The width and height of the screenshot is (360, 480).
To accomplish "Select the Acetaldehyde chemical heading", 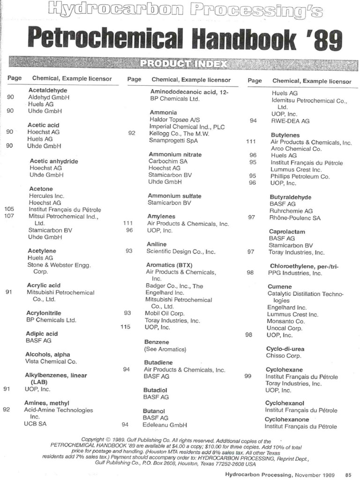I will [48, 90].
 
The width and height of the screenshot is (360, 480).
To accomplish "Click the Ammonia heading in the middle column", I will [163, 112].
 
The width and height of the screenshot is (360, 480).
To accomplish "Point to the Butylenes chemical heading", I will [285, 135].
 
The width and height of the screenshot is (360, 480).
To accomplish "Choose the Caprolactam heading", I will [287, 232].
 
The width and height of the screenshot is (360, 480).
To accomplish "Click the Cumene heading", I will [279, 286].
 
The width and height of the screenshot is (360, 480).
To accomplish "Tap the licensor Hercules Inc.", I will [46, 195].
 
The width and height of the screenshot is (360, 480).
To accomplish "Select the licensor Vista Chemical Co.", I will [51, 361].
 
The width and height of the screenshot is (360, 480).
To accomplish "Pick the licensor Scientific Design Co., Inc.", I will [180, 251].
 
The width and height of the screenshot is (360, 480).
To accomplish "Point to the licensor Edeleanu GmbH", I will [165, 425].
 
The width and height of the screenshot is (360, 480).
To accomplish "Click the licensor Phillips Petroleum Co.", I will [300, 176].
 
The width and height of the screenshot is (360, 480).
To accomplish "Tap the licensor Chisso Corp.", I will [283, 356].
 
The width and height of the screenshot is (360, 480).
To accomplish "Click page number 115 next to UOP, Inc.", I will [125, 327].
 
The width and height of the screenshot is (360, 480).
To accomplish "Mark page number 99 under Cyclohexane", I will [248, 376].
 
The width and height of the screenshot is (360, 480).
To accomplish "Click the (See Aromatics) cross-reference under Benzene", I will [165, 349].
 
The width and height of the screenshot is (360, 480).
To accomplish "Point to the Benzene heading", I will [156, 342].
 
